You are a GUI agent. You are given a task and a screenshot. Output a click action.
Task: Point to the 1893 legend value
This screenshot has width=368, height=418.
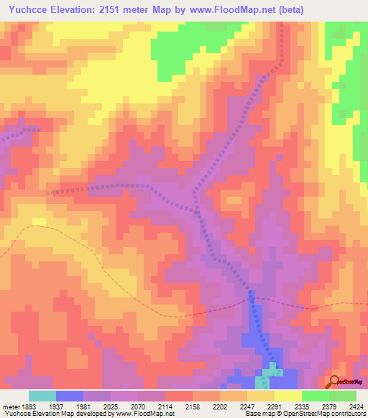29,405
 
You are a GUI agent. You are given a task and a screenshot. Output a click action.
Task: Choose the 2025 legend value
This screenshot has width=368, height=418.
124,405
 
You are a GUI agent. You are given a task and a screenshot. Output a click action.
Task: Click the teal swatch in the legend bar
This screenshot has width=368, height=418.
42,396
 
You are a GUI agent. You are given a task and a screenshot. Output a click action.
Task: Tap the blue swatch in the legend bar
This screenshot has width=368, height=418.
69,396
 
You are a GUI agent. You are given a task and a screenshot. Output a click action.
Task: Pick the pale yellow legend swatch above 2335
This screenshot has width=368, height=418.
287,396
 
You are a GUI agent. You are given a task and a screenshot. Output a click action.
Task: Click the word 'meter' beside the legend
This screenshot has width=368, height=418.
11,405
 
